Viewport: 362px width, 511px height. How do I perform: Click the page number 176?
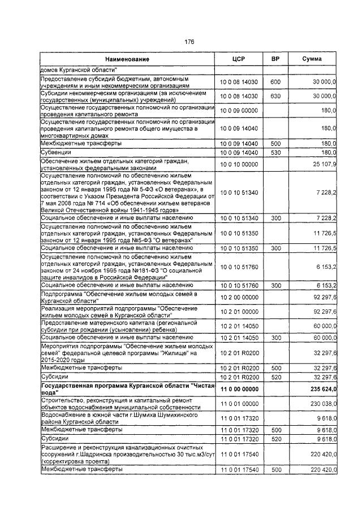pos(189,42)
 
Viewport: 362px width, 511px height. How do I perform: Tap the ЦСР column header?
pos(238,59)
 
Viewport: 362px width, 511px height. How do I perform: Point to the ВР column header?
pos(275,59)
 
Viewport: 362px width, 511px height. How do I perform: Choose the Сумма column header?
pos(312,59)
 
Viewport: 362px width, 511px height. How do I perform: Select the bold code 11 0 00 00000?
pos(238,389)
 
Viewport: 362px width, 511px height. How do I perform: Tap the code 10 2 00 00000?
pos(238,297)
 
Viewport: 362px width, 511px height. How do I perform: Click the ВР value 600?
pos(275,82)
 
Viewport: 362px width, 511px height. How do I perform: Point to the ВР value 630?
pos(275,96)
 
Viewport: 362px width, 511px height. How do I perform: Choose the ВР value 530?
pos(275,152)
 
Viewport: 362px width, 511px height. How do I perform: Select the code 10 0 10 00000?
pos(238,164)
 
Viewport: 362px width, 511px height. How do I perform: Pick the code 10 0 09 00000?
pos(238,110)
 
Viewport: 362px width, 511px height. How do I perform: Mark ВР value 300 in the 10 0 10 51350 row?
pos(275,248)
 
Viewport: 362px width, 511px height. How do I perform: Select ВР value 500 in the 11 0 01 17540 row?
pos(275,469)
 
